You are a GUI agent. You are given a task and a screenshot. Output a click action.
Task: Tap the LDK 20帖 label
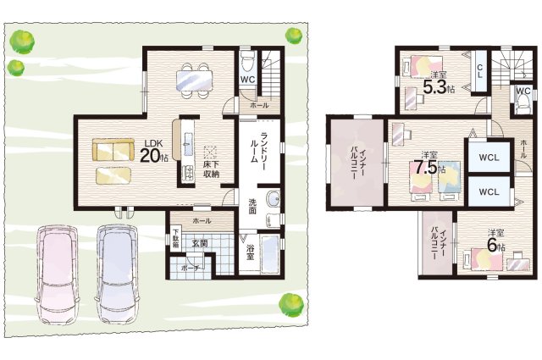pos(154,152)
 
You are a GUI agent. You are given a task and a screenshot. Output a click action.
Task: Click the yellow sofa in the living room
pos(113,149)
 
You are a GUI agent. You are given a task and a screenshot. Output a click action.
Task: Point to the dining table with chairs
pos(194,80)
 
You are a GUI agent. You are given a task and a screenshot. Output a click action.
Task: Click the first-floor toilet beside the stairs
pos(248,62)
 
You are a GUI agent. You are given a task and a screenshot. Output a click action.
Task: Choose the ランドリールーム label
pos(258,147)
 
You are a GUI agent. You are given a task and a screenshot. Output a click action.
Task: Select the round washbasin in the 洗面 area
pos(274,200)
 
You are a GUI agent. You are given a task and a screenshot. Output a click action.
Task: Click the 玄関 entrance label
pos(200,244)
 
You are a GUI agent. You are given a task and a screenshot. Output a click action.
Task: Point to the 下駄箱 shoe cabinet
pos(176,239)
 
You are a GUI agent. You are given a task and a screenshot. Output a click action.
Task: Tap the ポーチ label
pos(190,268)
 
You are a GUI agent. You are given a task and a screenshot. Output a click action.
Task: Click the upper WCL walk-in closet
pos(489,158)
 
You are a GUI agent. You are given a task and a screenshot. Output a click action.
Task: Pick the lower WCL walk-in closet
pos(489,191)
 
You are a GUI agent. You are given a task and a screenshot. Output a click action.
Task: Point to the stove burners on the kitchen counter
pos(188,173)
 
